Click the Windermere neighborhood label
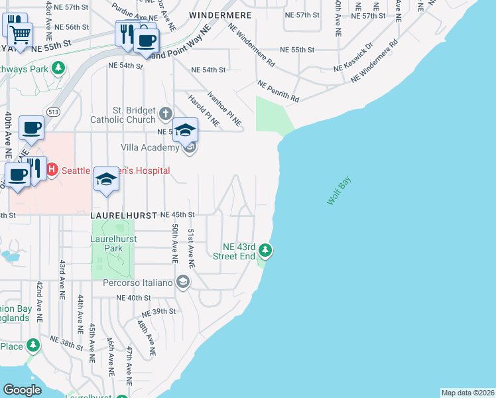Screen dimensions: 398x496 coord(216,14)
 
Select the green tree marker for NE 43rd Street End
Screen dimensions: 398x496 coord(265,250)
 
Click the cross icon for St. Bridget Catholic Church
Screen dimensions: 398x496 coord(166,115)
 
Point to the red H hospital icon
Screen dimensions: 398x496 coord(52,170)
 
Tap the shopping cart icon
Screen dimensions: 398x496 coord(21,33)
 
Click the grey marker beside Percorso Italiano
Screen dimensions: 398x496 coord(183,283)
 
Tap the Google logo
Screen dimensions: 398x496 coord(22,390)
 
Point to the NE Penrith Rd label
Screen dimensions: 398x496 coord(279,92)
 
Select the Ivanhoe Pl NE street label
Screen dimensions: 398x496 coord(224,109)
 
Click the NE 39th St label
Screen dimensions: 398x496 coord(157,311)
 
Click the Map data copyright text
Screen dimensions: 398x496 coord(468,392)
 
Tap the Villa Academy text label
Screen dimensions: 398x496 coord(150,147)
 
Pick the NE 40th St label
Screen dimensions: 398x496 coord(135,298)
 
